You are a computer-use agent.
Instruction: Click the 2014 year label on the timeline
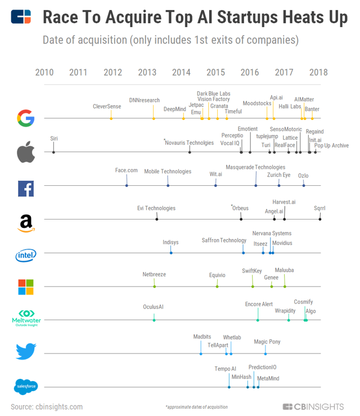pyautogui.click(x=181, y=72)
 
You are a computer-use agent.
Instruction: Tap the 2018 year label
pyautogui.click(x=318, y=72)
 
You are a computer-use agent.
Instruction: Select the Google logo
pyautogui.click(x=26, y=118)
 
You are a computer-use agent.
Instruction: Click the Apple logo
pyautogui.click(x=26, y=152)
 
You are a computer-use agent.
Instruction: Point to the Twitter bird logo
pyautogui.click(x=26, y=351)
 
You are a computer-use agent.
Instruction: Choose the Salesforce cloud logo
pyautogui.click(x=26, y=387)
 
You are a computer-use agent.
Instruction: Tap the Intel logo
pyautogui.click(x=26, y=255)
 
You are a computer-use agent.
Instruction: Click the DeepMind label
pyautogui.click(x=175, y=109)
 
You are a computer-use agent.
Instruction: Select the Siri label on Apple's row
pyautogui.click(x=54, y=138)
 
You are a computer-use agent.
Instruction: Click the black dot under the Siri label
pyautogui.click(x=53, y=152)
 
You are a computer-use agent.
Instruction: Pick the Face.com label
pyautogui.click(x=127, y=171)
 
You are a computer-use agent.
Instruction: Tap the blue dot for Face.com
pyautogui.click(x=127, y=185)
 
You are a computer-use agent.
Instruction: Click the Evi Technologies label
pyautogui.click(x=156, y=208)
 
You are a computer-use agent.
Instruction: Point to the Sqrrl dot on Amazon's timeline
pyautogui.click(x=320, y=219)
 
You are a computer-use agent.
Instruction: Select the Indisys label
pyautogui.click(x=170, y=242)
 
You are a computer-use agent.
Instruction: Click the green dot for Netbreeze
pyautogui.click(x=155, y=287)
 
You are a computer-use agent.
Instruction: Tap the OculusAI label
pyautogui.click(x=153, y=307)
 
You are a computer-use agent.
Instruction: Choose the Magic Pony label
pyautogui.click(x=267, y=342)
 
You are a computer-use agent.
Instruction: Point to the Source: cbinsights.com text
pyautogui.click(x=47, y=407)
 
